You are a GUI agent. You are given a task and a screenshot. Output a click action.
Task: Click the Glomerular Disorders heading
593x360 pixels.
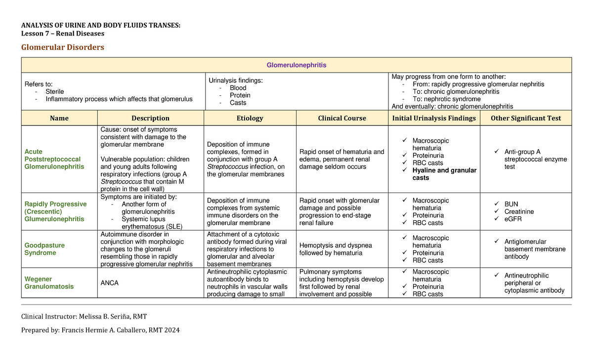62,47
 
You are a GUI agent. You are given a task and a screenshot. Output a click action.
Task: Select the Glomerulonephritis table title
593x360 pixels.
296,65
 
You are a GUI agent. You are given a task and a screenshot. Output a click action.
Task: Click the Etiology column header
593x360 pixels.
250,118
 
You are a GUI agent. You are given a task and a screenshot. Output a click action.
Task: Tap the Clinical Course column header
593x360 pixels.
342,118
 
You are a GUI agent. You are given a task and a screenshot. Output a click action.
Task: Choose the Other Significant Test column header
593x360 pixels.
526,118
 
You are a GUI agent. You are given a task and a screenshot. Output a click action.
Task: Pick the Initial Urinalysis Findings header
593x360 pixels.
434,118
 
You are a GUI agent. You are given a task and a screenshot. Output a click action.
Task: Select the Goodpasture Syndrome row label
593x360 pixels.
44,249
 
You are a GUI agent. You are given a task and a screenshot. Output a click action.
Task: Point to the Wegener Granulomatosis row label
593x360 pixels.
49,283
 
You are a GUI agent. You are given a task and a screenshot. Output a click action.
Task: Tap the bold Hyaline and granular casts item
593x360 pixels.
444,174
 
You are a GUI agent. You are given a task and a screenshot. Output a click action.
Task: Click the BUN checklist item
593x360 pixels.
511,204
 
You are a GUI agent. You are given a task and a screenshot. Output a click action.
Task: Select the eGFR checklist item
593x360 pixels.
513,219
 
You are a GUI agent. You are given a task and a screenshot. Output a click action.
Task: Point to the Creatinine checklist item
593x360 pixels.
519,211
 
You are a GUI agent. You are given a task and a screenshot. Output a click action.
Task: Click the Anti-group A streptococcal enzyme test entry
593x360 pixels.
535,159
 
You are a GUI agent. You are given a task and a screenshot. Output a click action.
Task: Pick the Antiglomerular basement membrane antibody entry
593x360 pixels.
535,249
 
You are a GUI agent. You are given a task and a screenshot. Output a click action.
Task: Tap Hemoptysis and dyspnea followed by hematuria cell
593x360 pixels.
336,249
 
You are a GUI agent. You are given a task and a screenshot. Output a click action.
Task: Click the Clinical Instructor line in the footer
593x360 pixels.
84,316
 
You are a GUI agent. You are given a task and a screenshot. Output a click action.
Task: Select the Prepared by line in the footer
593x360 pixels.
100,330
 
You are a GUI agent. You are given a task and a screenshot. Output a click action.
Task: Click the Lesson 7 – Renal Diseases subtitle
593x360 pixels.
62,34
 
